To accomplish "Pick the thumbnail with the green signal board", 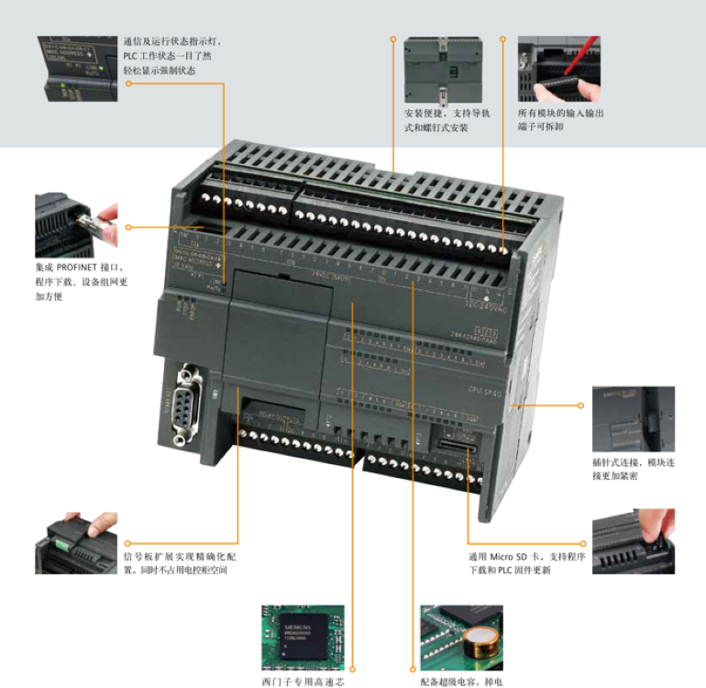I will coord(76,543).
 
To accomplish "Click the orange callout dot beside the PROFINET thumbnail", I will coord(128,226).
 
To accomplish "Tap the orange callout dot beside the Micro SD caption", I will coord(583,543).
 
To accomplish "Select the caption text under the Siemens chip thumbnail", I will coord(303,682).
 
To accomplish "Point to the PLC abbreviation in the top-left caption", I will coord(133,56).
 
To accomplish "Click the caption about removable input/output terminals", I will coord(560,119).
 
